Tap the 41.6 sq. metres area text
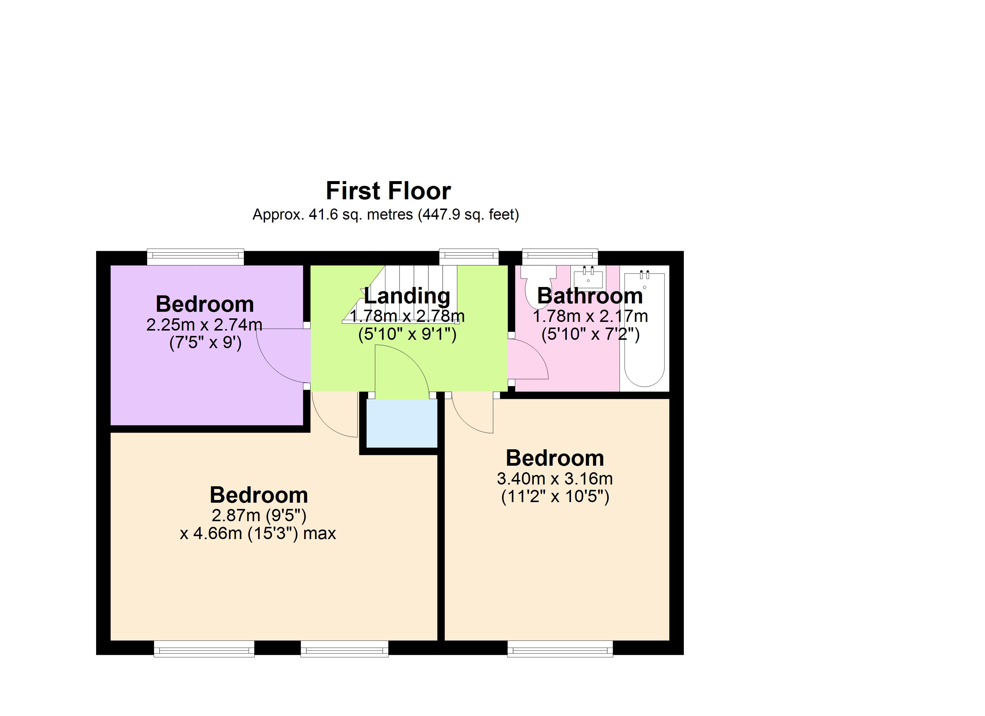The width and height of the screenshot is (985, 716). point(361,215)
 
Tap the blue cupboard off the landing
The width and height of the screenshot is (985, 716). point(402,423)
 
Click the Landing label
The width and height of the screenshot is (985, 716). point(407,296)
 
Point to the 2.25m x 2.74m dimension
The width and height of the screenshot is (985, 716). point(204,325)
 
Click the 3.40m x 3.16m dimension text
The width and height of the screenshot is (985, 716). point(555,479)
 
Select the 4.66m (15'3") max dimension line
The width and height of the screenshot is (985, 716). point(258,533)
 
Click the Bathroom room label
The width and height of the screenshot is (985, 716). point(590,296)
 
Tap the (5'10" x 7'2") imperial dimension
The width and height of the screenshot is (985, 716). point(590,334)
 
